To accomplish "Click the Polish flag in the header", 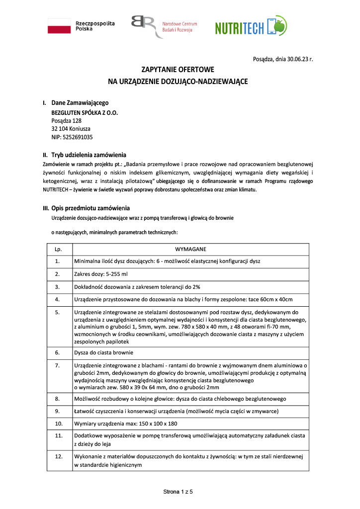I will (59, 26).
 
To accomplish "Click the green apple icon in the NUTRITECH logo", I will (279, 27).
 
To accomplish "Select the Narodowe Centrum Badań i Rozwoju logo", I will (164, 26).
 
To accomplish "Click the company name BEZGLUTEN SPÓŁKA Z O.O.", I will (85, 112).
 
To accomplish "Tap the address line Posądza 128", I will (66, 120).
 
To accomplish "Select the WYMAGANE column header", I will (190, 249).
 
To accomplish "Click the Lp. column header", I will (58, 249).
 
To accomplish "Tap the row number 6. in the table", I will (58, 352).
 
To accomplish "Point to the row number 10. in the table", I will (58, 424).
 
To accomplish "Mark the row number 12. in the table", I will (58, 456).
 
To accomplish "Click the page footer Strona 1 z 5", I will (178, 492).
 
